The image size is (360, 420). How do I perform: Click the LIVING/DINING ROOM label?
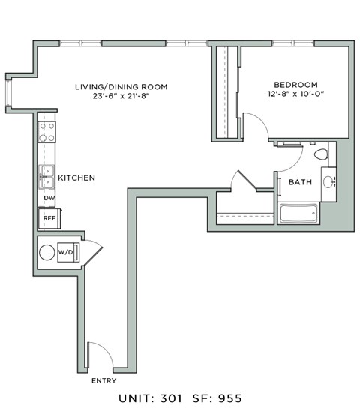pos(121,87)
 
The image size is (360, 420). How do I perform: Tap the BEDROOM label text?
pos(295,84)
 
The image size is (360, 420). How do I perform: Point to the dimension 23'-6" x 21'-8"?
pos(121,97)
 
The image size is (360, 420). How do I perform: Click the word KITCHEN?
pos(76,178)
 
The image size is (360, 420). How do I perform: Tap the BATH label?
pos(301,182)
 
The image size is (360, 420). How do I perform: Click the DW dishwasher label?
pos(49,198)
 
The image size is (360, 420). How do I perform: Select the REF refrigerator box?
pos(49,218)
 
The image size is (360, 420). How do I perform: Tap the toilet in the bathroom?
pos(321,155)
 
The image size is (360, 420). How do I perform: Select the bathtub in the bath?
pos(307,213)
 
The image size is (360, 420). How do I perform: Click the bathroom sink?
pos(328,181)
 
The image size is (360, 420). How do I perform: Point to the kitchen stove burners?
pos(47,133)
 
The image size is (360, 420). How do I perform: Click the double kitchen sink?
pos(46,178)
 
